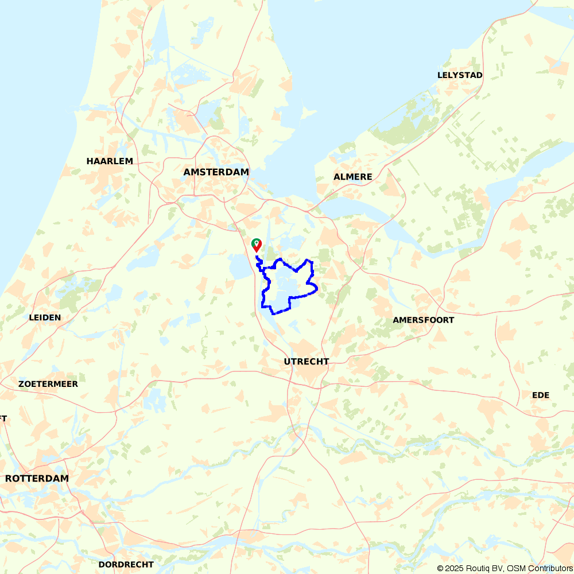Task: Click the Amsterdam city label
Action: (x=216, y=172)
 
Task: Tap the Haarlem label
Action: (x=110, y=161)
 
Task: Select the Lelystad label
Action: (x=460, y=75)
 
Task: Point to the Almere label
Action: (x=353, y=177)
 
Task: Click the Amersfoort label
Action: (x=424, y=320)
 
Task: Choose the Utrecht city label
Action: (x=307, y=362)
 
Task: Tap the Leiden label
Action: (x=45, y=317)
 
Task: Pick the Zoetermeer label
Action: (x=48, y=384)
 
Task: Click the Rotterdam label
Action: (x=37, y=479)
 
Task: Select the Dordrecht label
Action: (x=126, y=565)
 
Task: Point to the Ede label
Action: (x=541, y=395)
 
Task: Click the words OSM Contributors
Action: (x=541, y=568)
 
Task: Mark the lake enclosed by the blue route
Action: (x=287, y=284)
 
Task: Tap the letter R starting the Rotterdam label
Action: (x=9, y=479)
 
